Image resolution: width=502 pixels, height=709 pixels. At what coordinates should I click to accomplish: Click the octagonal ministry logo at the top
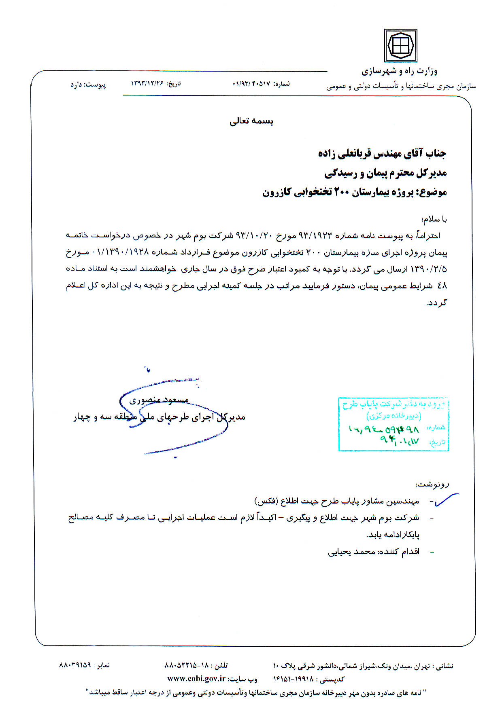[400, 45]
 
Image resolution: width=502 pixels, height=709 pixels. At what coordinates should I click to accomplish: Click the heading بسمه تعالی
[251, 121]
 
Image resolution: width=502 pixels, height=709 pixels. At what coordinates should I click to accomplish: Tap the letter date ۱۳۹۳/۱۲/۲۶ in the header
[147, 83]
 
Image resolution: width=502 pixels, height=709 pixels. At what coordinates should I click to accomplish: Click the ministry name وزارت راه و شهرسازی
[399, 72]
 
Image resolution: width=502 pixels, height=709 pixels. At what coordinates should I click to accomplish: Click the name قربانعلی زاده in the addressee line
[341, 153]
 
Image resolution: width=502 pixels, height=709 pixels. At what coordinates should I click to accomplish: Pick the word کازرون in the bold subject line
[277, 192]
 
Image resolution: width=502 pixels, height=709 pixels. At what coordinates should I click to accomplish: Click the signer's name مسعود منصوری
[159, 400]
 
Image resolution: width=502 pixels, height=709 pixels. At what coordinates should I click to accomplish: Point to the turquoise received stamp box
[393, 424]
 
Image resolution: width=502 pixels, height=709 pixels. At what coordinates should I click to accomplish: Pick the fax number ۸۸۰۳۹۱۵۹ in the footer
[75, 665]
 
